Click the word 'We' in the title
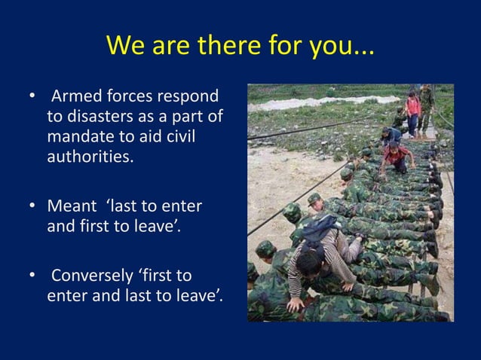point(126,46)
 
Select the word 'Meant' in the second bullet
point(70,206)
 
